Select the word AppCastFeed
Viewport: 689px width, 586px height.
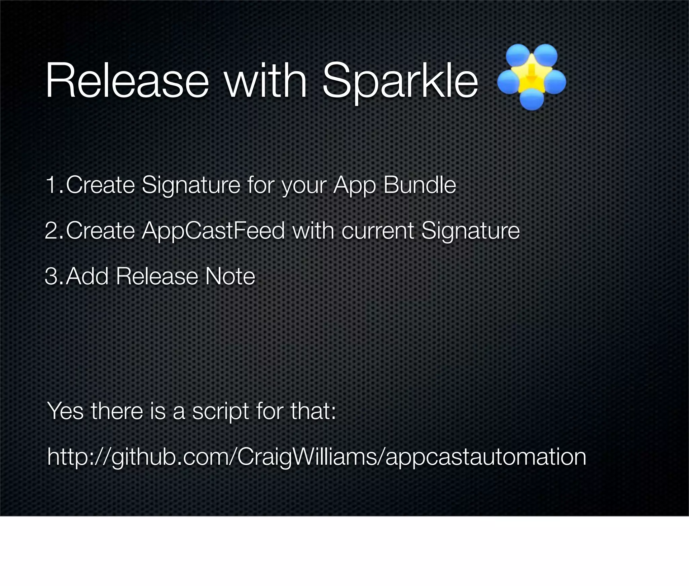pyautogui.click(x=213, y=231)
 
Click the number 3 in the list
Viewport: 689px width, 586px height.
pyautogui.click(x=51, y=276)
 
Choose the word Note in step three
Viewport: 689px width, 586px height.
pyautogui.click(x=230, y=276)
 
